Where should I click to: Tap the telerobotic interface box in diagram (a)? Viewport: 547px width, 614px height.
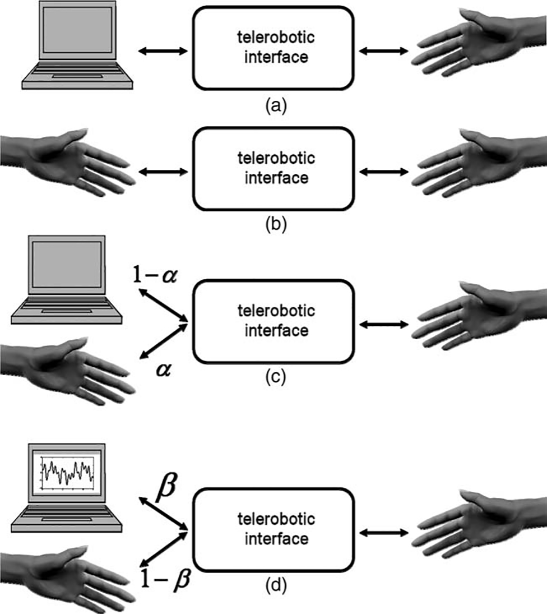[x=273, y=48]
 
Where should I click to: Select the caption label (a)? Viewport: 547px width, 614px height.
[x=275, y=105]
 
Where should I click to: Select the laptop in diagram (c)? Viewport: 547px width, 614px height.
[x=66, y=280]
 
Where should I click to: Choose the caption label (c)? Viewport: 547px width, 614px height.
[x=275, y=377]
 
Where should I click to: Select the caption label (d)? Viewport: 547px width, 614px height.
[x=275, y=585]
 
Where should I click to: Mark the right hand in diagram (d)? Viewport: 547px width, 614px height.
[x=476, y=524]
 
